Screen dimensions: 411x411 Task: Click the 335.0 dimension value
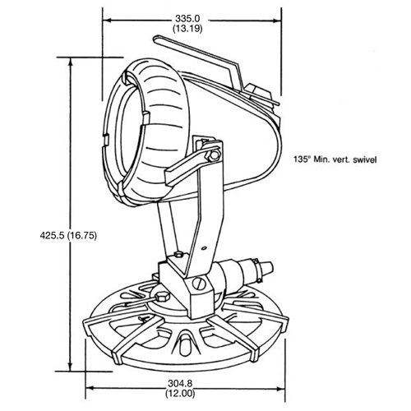click(x=187, y=19)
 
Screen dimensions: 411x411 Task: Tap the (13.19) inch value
click(x=187, y=29)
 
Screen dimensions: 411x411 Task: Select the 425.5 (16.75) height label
click(x=68, y=236)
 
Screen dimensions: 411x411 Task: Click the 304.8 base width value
click(x=180, y=383)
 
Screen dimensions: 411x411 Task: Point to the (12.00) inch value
click(x=180, y=394)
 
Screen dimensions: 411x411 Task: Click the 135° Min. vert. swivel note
click(x=335, y=159)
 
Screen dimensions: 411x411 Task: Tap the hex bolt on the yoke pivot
click(x=214, y=155)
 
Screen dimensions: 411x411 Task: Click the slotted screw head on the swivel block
click(x=199, y=284)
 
